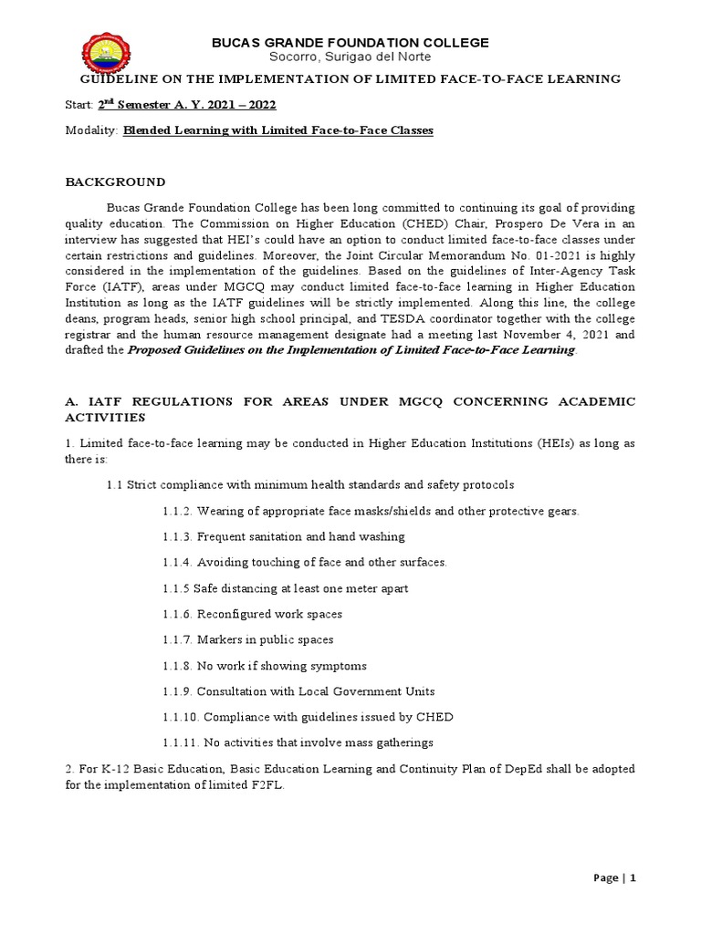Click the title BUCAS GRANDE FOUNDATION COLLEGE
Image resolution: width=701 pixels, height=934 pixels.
click(350, 43)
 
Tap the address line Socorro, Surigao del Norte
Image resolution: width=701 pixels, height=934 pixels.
click(350, 57)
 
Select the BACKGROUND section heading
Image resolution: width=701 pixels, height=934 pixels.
click(115, 182)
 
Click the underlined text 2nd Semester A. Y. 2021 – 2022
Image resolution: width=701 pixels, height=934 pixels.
click(183, 105)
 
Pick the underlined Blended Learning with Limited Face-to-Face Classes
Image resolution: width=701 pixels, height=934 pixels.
click(278, 130)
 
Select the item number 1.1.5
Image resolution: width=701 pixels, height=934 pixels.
click(176, 588)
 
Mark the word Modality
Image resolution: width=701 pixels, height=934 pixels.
click(91, 130)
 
